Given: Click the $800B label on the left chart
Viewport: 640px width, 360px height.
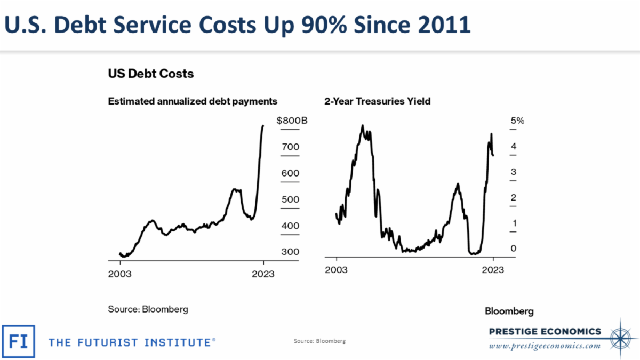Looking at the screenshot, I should [292, 121].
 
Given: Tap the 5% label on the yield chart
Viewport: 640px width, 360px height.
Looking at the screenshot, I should [517, 121].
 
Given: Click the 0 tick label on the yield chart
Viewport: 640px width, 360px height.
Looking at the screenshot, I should [513, 249].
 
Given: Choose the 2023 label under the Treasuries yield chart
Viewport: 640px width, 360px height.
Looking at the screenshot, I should [492, 270].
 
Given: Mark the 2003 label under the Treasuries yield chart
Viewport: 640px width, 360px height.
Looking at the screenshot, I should [337, 270].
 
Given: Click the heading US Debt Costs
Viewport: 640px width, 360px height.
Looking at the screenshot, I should [151, 74].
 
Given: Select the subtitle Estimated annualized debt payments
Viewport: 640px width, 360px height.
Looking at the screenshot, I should [193, 101].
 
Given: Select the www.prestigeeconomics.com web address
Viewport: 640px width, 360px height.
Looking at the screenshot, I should [545, 346].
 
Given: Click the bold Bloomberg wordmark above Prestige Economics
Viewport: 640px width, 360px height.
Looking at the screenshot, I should [509, 311].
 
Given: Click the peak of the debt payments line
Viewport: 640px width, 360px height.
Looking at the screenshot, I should [262, 126].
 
